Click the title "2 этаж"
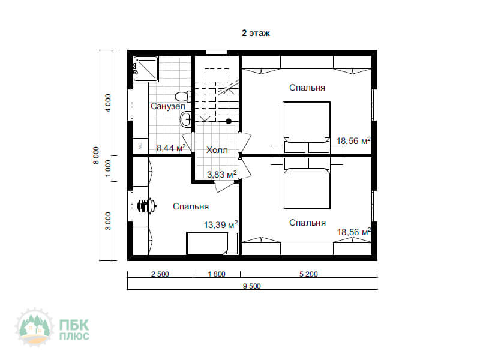256,33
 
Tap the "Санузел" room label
168,106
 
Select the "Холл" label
217,150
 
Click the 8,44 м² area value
171,148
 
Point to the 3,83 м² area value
221,174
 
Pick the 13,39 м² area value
221,224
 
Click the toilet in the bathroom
183,97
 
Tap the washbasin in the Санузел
186,119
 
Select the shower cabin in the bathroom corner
146,69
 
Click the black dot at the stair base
229,121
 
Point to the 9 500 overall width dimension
251,286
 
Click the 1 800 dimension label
217,274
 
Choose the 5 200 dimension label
308,274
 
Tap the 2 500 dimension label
160,274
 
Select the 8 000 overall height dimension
96,155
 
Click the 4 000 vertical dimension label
109,103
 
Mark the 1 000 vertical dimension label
109,168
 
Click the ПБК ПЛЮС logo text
74,329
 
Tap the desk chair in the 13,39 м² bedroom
146,205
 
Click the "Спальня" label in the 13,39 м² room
191,206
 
